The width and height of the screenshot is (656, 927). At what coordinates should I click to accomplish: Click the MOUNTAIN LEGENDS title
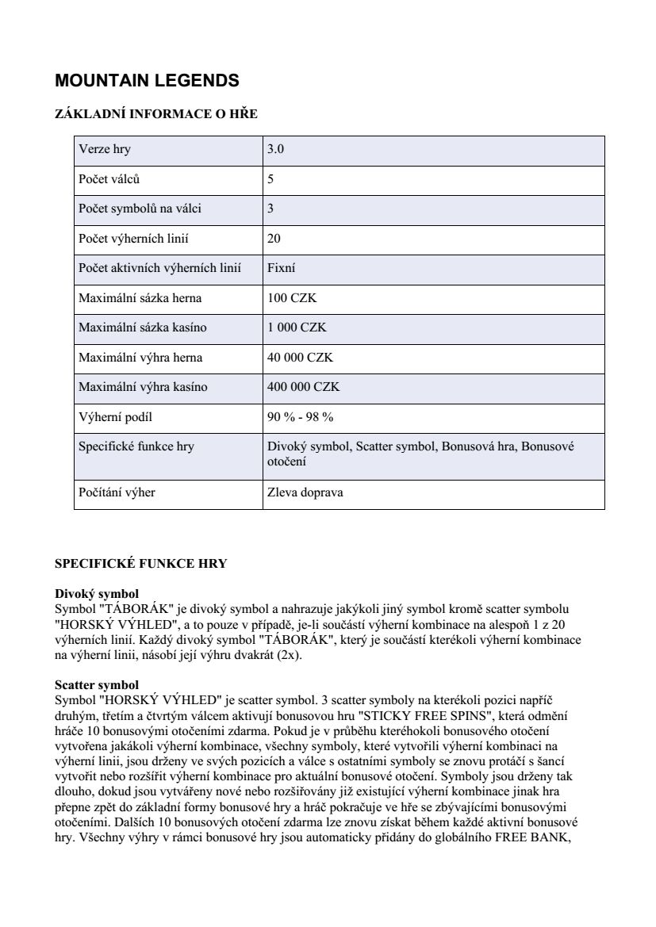[147, 80]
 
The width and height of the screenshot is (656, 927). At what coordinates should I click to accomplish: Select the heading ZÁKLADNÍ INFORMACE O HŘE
[156, 114]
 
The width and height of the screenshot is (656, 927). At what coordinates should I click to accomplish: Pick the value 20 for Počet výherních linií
[274, 238]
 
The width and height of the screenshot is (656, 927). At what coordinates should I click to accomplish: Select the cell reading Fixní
[282, 268]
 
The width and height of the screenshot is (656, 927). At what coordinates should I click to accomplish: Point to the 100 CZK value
[292, 298]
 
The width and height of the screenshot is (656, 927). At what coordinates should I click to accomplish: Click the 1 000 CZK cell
[297, 328]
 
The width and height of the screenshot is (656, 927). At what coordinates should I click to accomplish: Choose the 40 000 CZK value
[300, 358]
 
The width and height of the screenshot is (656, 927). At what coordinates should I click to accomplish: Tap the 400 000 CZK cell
[303, 387]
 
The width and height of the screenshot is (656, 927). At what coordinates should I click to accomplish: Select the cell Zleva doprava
[305, 492]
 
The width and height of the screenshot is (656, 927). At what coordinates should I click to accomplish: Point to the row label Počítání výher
[117, 492]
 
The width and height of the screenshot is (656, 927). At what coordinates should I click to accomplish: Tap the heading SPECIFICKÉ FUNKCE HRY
[140, 564]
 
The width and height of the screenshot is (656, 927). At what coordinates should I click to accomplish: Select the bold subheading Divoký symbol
[97, 594]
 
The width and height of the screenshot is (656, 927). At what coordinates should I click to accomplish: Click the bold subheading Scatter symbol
[97, 684]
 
